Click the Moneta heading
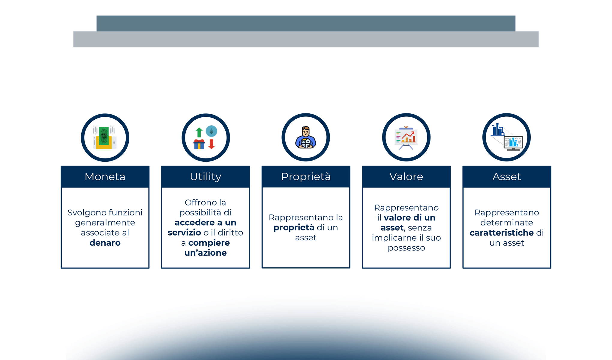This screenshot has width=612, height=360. tap(105, 177)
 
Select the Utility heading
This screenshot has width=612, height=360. tap(205, 177)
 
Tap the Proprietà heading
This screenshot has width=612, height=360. tap(306, 177)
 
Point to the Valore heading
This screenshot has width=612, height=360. tap(406, 177)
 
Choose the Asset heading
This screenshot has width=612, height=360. tap(507, 177)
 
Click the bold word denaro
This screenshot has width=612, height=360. tap(105, 243)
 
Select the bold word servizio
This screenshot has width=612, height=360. tap(184, 232)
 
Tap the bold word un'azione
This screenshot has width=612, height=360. tap(205, 253)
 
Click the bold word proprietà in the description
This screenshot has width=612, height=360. tap(294, 228)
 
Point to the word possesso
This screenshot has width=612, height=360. tap(406, 248)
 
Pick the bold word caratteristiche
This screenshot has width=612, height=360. tap(502, 233)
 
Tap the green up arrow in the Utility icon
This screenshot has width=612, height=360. tap(199, 132)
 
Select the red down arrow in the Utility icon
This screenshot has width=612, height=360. tap(211, 144)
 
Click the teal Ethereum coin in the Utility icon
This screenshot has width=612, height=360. tap(211, 131)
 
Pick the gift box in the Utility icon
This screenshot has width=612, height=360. tap(199, 144)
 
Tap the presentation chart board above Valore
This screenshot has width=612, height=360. tap(406, 138)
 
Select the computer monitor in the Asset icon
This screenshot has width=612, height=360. tap(513, 143)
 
